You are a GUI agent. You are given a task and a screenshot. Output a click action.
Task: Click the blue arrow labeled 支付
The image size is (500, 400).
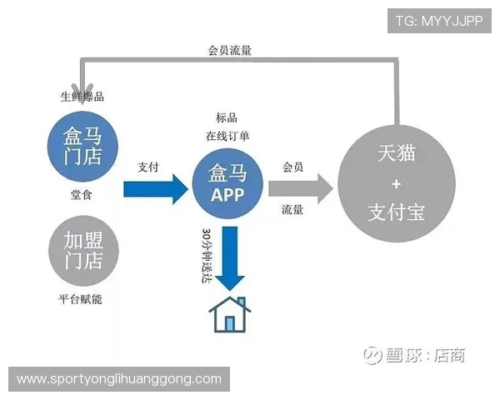click(155, 188)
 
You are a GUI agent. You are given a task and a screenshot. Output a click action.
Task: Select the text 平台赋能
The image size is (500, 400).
click(80, 299)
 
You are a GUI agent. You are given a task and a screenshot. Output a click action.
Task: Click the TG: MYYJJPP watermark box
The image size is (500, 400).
click(438, 20)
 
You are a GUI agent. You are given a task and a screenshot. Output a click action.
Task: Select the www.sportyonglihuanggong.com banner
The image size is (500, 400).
click(120, 379)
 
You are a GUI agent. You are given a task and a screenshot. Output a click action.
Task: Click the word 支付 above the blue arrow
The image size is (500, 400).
click(147, 166)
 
